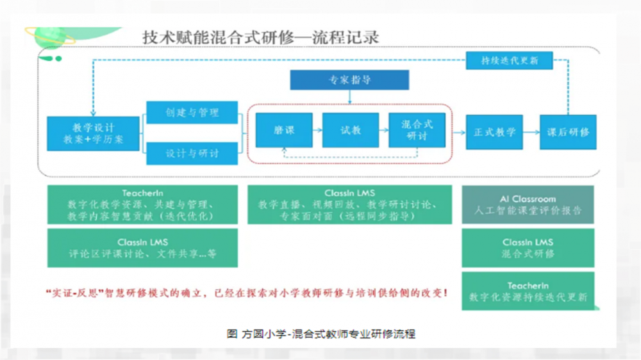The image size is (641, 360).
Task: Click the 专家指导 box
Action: (x=349, y=80)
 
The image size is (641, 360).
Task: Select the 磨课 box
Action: (x=283, y=131)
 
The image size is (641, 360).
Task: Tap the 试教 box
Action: (x=350, y=131)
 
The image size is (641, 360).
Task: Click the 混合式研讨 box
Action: (x=417, y=131)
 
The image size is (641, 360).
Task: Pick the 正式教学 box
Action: (x=494, y=133)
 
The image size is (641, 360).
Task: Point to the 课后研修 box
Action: (x=567, y=133)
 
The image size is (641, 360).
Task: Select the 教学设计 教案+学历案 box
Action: (x=94, y=133)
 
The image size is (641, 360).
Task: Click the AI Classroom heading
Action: (x=528, y=199)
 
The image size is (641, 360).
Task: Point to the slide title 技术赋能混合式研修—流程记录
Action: (x=260, y=37)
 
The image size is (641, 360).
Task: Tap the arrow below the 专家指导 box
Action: (x=349, y=97)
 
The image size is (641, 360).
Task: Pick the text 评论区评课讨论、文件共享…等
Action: (x=142, y=254)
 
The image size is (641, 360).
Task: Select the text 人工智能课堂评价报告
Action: (x=528, y=211)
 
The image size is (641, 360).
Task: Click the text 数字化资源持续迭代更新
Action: (x=528, y=297)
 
